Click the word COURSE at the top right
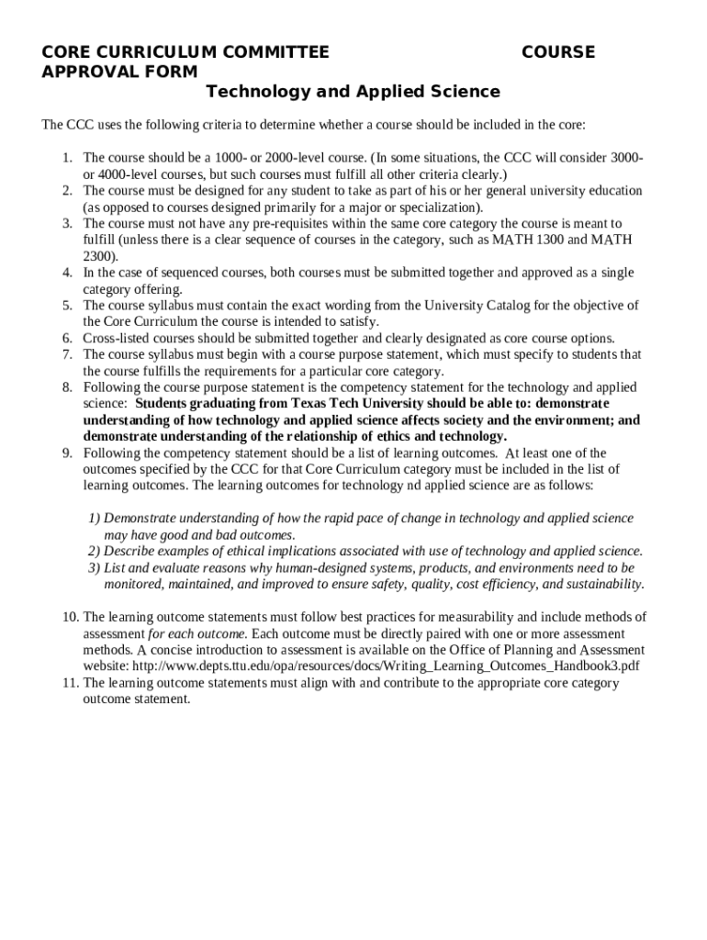557,52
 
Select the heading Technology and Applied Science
353,92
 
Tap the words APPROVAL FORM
119,72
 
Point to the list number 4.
67,273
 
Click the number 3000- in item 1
623,158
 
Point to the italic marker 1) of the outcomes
95,519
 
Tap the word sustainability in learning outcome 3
599,585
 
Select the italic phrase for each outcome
198,633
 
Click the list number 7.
67,354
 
